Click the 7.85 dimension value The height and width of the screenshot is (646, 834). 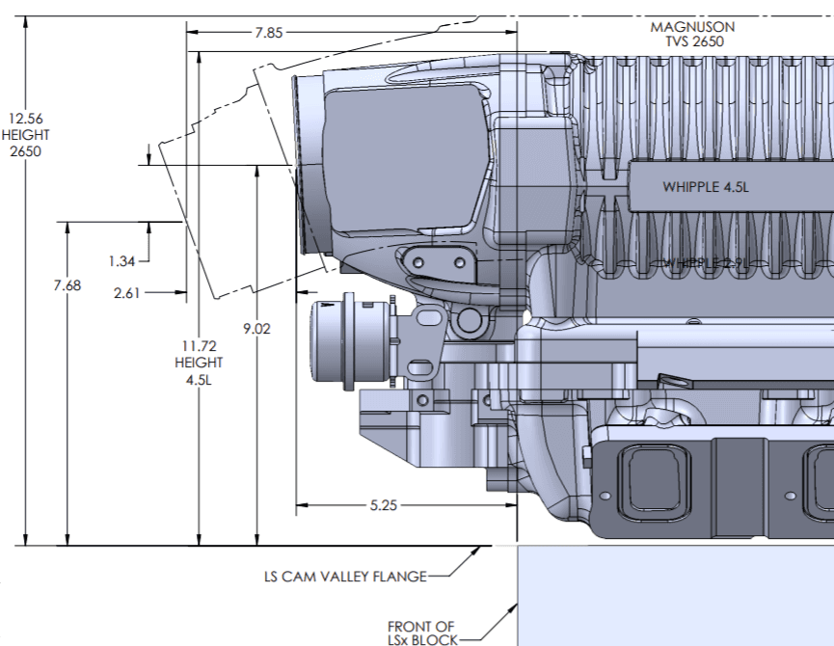point(269,32)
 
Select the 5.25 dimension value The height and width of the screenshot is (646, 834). point(384,504)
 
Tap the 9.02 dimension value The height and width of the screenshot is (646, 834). point(257,329)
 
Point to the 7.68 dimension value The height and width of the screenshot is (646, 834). point(67,284)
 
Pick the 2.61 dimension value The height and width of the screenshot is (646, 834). point(127,293)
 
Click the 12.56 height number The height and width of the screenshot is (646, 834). point(25,120)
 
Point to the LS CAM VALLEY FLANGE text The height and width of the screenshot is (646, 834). point(345,578)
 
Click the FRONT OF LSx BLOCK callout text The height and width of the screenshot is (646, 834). point(420,633)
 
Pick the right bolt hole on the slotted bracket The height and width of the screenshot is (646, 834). point(460,261)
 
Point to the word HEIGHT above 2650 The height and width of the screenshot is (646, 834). point(25,135)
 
